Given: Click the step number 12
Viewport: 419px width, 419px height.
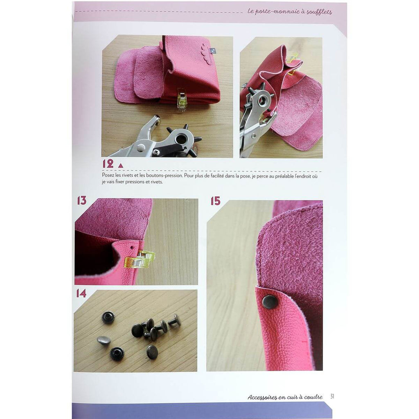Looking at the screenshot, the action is pyautogui.click(x=108, y=164).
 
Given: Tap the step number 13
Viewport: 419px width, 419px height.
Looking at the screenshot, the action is pyautogui.click(x=82, y=200).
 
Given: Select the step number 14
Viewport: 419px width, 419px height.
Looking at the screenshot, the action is pyautogui.click(x=81, y=293).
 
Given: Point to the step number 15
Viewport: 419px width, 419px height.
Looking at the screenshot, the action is pyautogui.click(x=215, y=201).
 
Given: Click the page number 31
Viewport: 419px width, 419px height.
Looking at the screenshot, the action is pyautogui.click(x=332, y=396).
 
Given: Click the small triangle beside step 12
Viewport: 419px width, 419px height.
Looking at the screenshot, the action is pyautogui.click(x=121, y=166).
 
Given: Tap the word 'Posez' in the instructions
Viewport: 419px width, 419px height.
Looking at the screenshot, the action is pyautogui.click(x=108, y=176).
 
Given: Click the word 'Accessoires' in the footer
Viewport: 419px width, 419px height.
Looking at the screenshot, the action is pyautogui.click(x=262, y=397).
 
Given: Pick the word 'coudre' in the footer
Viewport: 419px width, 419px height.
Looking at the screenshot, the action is pyautogui.click(x=314, y=397).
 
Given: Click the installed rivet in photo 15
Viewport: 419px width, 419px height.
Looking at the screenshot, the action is pyautogui.click(x=270, y=302).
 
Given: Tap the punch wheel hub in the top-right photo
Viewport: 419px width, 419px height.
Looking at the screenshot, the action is pyautogui.click(x=262, y=101).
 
